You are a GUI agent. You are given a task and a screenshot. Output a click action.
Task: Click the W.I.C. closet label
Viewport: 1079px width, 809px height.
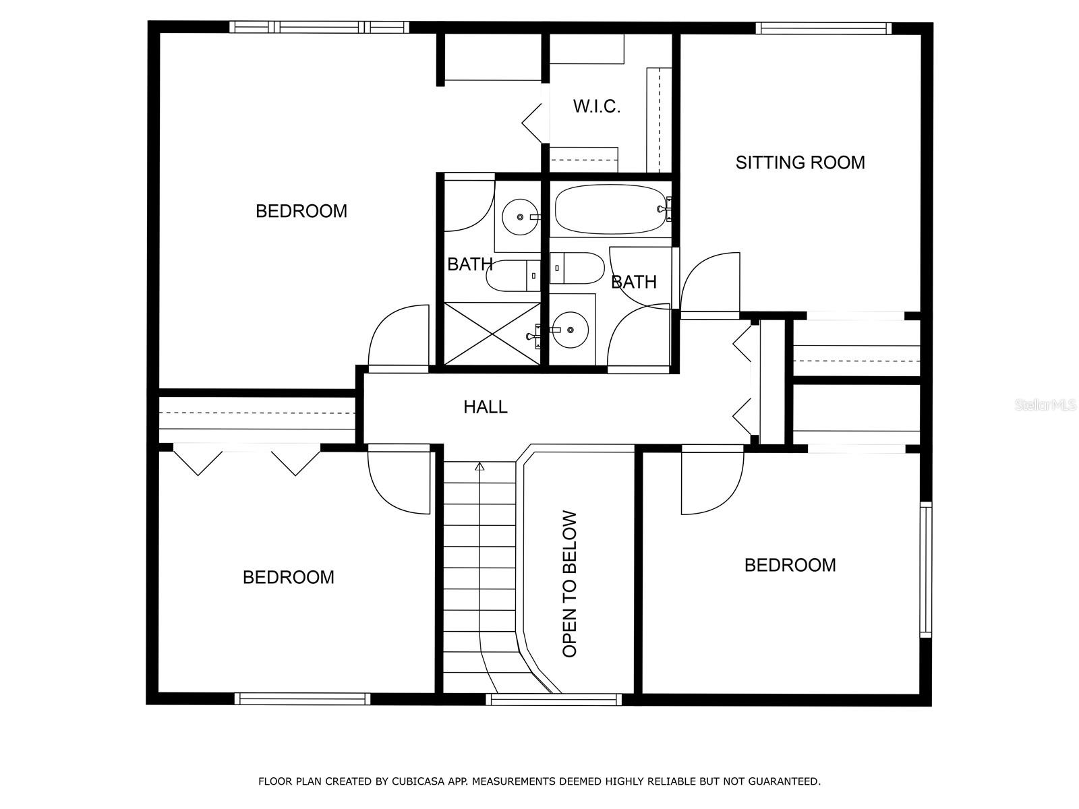(596, 107)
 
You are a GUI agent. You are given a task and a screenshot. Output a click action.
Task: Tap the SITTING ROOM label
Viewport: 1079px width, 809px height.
(800, 162)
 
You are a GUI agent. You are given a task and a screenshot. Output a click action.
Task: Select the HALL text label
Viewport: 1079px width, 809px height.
(485, 407)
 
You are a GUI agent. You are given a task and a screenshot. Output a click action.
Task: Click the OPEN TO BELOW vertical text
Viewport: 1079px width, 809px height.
(570, 584)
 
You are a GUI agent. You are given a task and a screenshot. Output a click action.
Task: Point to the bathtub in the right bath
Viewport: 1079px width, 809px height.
(610, 209)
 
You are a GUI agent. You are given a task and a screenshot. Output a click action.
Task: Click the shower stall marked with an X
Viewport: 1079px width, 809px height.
(492, 334)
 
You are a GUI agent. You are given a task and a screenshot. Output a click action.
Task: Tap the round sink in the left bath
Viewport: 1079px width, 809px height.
(521, 216)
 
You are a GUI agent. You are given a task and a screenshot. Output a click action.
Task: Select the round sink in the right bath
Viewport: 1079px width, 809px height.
(571, 330)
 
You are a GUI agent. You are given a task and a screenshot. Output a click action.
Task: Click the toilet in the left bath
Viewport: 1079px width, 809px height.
(513, 276)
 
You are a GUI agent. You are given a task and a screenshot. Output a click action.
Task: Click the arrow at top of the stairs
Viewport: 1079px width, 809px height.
(479, 466)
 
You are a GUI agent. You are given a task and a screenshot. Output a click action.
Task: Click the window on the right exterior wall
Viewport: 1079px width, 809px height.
(926, 570)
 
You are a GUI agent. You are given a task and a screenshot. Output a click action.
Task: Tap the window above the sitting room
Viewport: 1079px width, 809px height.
(823, 28)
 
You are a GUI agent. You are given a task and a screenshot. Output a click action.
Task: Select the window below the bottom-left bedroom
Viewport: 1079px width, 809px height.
(302, 699)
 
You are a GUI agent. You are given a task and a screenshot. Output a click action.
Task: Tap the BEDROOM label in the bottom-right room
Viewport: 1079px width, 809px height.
(790, 565)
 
